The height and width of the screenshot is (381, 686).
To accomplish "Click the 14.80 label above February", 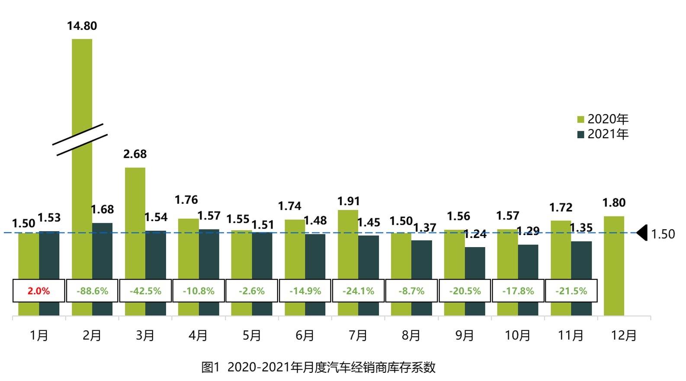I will pyautogui.click(x=82, y=26).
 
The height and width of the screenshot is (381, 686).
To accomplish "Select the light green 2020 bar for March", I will pyautogui.click(x=135, y=220).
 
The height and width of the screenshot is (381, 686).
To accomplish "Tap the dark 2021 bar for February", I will pyautogui.click(x=102, y=251).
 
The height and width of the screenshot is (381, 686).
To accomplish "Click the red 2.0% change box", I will pyautogui.click(x=39, y=291).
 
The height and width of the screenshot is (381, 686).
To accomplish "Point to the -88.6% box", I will pyautogui.click(x=92, y=291).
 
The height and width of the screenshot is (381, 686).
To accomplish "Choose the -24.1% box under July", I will pyautogui.click(x=358, y=291).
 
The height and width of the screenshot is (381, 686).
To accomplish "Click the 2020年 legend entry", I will pyautogui.click(x=603, y=119).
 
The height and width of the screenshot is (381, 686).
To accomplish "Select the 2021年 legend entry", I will pyautogui.click(x=603, y=134).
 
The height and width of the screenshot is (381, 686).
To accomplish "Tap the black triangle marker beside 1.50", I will pyautogui.click(x=642, y=233).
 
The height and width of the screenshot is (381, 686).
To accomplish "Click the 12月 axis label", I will pyautogui.click(x=624, y=336).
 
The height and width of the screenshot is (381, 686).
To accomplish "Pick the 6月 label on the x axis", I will pyautogui.click(x=305, y=336).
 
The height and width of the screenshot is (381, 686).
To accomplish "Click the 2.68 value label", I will pyautogui.click(x=135, y=154).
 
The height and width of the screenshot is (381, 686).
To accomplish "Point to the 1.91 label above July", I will pyautogui.click(x=348, y=201).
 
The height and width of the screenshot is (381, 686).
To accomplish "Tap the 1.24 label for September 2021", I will pyautogui.click(x=475, y=235).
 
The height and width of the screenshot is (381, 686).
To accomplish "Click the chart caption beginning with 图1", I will pyautogui.click(x=318, y=367).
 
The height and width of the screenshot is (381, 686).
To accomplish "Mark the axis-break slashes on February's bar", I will pyautogui.click(x=80, y=140).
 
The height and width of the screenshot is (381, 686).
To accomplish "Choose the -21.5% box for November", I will pyautogui.click(x=571, y=291).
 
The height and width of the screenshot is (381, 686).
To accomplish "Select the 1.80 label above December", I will pyautogui.click(x=614, y=203).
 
